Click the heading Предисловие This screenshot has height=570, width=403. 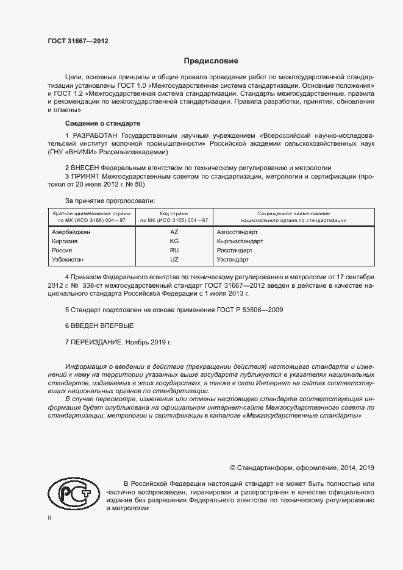(x=212, y=61)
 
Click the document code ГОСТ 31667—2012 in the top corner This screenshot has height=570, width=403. (x=78, y=41)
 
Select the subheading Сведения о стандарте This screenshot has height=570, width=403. (x=102, y=123)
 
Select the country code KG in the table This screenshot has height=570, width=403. (x=174, y=241)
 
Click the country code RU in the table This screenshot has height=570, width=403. (x=174, y=251)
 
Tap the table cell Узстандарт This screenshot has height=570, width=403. (x=232, y=260)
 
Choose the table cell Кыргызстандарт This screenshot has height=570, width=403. (x=240, y=241)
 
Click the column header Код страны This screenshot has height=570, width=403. (x=174, y=213)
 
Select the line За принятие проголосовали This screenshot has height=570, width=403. (x=110, y=201)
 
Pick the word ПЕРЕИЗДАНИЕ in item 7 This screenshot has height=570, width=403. (x=97, y=343)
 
